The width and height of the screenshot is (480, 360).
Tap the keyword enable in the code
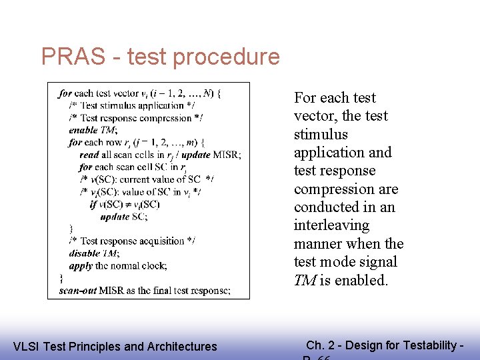(x=83, y=130)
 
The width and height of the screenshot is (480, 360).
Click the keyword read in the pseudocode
(x=89, y=155)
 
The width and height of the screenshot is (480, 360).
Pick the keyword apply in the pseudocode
(x=81, y=266)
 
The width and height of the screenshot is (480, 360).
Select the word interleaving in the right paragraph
(x=331, y=225)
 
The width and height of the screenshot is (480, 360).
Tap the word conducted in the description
(x=323, y=207)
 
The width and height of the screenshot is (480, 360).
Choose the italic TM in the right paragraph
(x=305, y=280)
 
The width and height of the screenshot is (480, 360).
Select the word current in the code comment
(x=136, y=179)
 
